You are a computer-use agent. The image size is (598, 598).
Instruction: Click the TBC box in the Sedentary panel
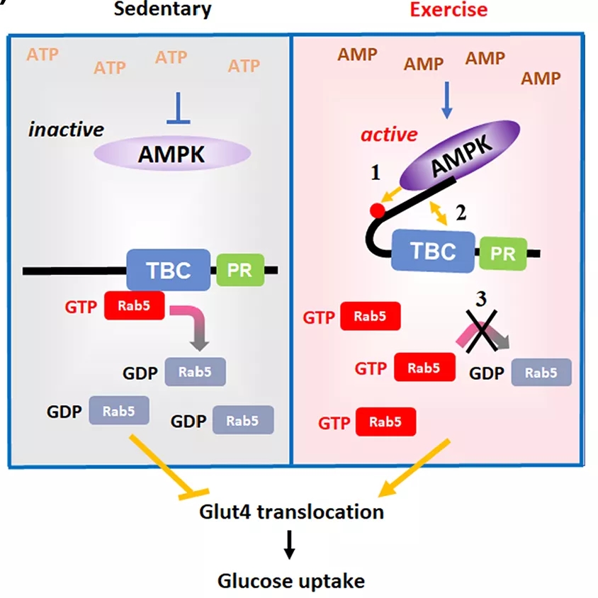click(x=169, y=270)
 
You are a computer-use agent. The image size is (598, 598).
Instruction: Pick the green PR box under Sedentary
click(x=240, y=270)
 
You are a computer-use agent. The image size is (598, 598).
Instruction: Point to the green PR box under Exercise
click(x=504, y=253)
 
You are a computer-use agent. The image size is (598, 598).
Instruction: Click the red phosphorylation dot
click(x=378, y=210)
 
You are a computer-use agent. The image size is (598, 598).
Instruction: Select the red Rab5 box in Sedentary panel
click(x=134, y=305)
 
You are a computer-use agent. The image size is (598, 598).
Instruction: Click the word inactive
click(x=66, y=130)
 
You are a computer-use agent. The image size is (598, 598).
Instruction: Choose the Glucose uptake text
click(x=290, y=581)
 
